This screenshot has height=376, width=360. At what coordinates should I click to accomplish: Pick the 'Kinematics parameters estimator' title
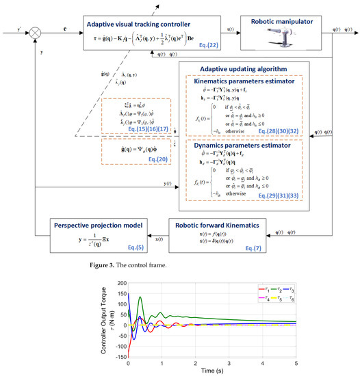[x=246, y=81]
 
